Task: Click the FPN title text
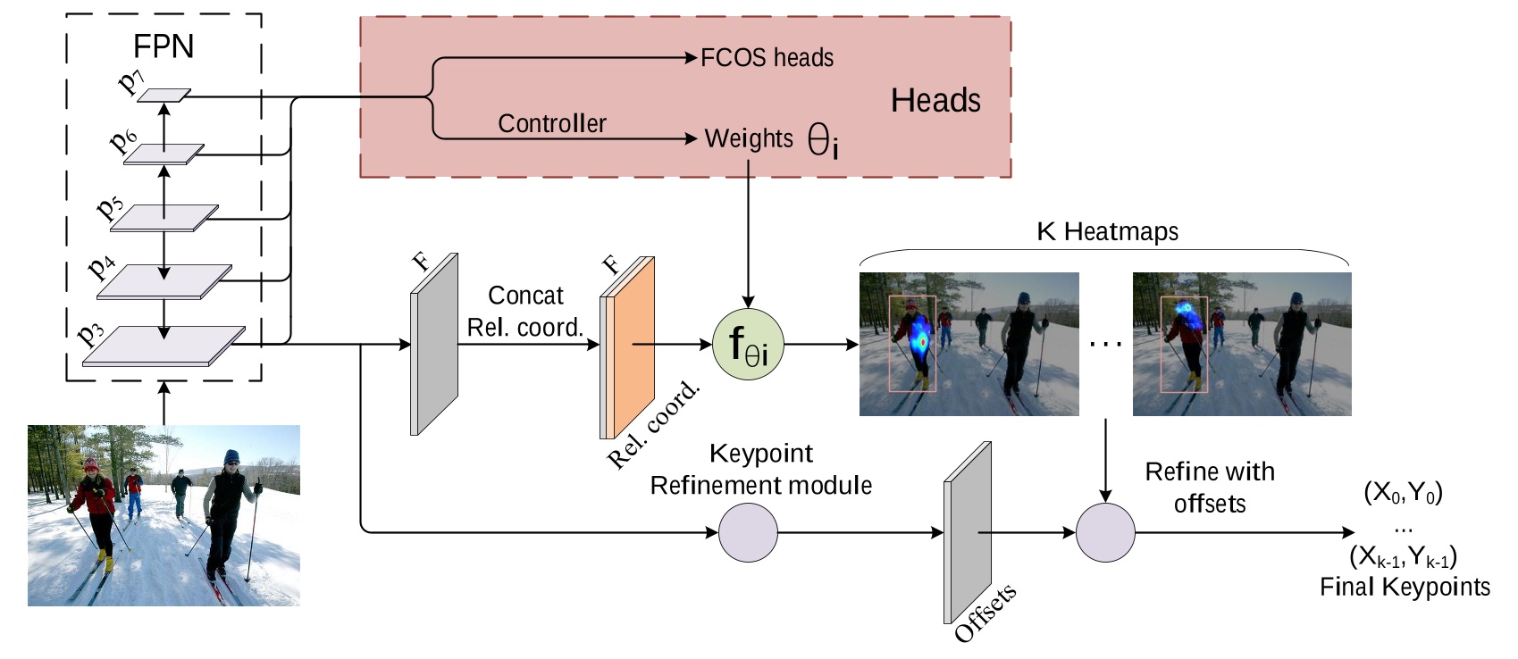click(x=163, y=46)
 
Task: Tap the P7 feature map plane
click(x=164, y=95)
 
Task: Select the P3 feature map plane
click(x=164, y=346)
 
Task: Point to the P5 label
click(x=110, y=207)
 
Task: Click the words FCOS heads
click(x=767, y=58)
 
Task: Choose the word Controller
click(x=551, y=123)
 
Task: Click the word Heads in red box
click(x=935, y=100)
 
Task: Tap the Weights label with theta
click(x=770, y=139)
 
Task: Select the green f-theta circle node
click(x=749, y=344)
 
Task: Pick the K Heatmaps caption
click(x=1106, y=231)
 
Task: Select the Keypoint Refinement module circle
click(x=748, y=533)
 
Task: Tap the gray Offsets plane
click(x=969, y=533)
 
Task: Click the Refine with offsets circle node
click(x=1105, y=533)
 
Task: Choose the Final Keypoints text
click(x=1405, y=587)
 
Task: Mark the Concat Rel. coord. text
click(x=525, y=312)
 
